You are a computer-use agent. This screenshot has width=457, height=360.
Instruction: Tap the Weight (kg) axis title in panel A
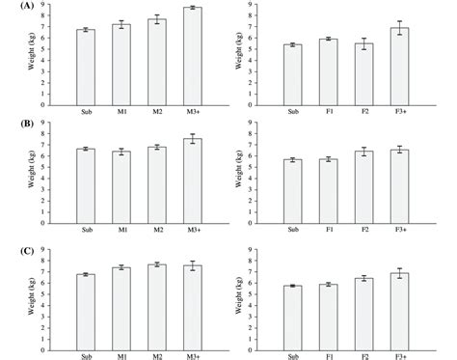pyautogui.click(x=38, y=54)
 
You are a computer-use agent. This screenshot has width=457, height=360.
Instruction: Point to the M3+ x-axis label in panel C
pyautogui.click(x=192, y=348)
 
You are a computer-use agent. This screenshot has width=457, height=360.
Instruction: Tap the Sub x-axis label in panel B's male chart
pyautogui.click(x=87, y=229)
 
